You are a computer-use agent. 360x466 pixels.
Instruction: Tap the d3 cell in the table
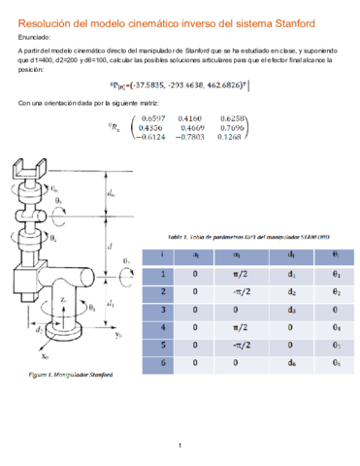tap(290, 310)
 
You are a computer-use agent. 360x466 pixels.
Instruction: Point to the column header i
tap(162, 254)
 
